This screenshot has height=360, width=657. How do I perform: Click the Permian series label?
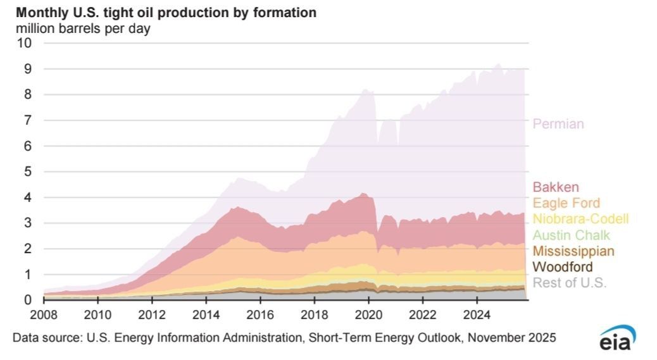558,124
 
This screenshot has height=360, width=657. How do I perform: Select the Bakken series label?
556,187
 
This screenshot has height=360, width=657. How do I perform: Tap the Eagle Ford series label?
566,203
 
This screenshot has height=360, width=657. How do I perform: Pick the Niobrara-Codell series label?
581,219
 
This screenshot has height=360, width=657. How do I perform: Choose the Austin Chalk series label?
571,235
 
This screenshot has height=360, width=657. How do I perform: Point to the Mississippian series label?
573,251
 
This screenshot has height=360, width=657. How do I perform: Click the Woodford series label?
563,266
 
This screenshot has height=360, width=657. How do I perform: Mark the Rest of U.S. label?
570,283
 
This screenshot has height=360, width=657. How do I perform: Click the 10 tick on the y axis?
24,42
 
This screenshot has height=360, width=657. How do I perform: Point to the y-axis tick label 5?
28,171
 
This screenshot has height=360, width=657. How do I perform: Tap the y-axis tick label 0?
28,300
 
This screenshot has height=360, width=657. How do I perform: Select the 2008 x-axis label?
44,315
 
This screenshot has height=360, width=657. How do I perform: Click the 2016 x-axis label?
260,315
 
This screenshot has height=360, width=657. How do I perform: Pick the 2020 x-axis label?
369,315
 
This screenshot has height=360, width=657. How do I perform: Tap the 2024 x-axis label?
477,315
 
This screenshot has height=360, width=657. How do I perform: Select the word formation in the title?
284,13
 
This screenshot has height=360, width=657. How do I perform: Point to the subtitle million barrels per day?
83,29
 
